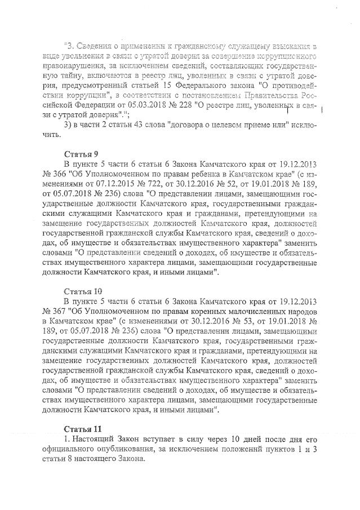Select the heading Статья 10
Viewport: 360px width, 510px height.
pos(82,291)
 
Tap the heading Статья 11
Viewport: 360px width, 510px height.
pos(82,429)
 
